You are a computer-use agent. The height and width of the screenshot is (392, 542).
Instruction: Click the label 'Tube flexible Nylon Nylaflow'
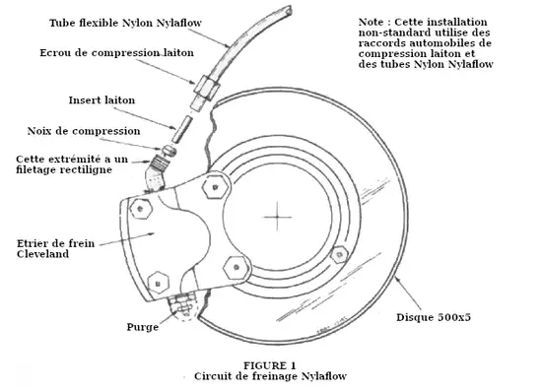[125, 23]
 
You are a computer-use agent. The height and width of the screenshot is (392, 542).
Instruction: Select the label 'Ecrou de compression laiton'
[117, 53]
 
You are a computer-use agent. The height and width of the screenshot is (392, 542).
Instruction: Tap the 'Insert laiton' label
[102, 100]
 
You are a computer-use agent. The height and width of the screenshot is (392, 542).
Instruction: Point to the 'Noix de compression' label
[84, 131]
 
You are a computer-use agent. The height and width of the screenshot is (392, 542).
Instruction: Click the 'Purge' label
[143, 327]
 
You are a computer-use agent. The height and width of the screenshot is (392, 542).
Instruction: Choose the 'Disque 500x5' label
[434, 317]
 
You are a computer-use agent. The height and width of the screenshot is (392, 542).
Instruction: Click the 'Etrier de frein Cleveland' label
[55, 248]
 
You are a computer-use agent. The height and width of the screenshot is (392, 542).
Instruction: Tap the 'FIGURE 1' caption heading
[270, 365]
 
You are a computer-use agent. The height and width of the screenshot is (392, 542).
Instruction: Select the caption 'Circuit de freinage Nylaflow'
[270, 376]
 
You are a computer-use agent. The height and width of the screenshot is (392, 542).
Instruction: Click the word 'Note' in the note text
[371, 22]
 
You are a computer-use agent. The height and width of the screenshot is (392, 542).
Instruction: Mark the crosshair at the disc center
[277, 218]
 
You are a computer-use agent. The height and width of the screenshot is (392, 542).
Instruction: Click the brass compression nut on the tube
[207, 87]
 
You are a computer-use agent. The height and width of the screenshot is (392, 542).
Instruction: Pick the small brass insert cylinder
[182, 129]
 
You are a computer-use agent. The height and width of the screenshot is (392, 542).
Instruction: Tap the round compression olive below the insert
[169, 151]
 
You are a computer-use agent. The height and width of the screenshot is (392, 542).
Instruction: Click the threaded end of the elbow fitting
[160, 163]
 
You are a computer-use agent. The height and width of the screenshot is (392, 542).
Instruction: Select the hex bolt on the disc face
[339, 255]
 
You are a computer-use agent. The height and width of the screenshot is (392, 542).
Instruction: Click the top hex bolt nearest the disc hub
[216, 187]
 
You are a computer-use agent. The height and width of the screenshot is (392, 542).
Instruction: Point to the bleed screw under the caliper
[181, 305]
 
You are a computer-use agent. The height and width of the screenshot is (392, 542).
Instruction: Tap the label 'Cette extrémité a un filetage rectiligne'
[72, 164]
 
